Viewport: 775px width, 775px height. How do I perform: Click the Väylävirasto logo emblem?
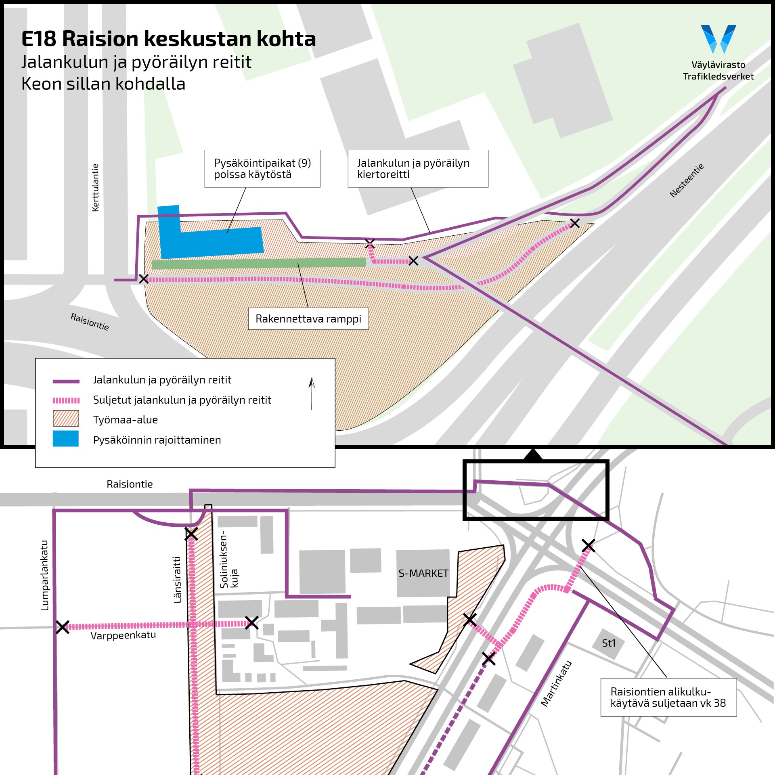718,39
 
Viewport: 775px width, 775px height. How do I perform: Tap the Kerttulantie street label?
95,187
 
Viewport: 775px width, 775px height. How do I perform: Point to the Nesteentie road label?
687,180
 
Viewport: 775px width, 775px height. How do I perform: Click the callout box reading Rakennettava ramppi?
308,319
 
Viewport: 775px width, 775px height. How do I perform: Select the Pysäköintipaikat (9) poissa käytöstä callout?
262,169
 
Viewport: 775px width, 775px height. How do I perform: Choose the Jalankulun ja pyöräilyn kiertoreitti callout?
418,169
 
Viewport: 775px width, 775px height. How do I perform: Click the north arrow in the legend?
312,394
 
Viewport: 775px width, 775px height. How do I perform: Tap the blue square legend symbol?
66,439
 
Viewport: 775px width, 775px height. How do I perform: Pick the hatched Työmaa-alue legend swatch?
66,419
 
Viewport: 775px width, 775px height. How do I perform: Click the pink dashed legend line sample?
66,400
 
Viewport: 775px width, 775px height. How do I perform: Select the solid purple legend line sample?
66,381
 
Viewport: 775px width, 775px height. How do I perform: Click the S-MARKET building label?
423,574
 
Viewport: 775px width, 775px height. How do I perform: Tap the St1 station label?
609,643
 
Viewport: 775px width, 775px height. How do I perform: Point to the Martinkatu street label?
556,683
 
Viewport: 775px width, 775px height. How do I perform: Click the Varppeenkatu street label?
123,636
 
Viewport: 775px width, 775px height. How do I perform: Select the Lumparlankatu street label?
45,575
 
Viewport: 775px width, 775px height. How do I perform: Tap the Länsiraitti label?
177,580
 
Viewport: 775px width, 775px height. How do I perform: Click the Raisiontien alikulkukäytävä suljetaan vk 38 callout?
668,697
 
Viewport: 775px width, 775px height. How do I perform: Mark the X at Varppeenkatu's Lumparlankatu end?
63,627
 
